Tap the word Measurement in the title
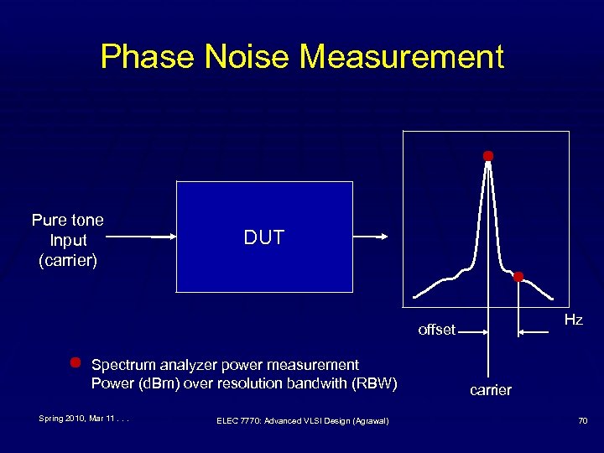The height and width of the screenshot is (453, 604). click(402, 57)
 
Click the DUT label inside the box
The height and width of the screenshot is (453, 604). click(264, 237)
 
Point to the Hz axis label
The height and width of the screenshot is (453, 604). click(573, 320)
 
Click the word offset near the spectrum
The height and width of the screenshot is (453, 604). click(436, 330)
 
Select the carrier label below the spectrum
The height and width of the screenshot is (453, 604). click(490, 390)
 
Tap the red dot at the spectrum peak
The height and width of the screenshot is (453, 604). click(487, 156)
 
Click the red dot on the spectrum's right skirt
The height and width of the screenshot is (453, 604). click(518, 277)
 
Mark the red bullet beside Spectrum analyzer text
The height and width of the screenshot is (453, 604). click(75, 363)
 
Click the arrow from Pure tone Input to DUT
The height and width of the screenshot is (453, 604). click(143, 237)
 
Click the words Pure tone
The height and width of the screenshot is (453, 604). click(68, 221)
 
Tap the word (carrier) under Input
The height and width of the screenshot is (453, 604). click(68, 260)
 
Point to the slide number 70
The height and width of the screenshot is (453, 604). click(581, 420)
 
